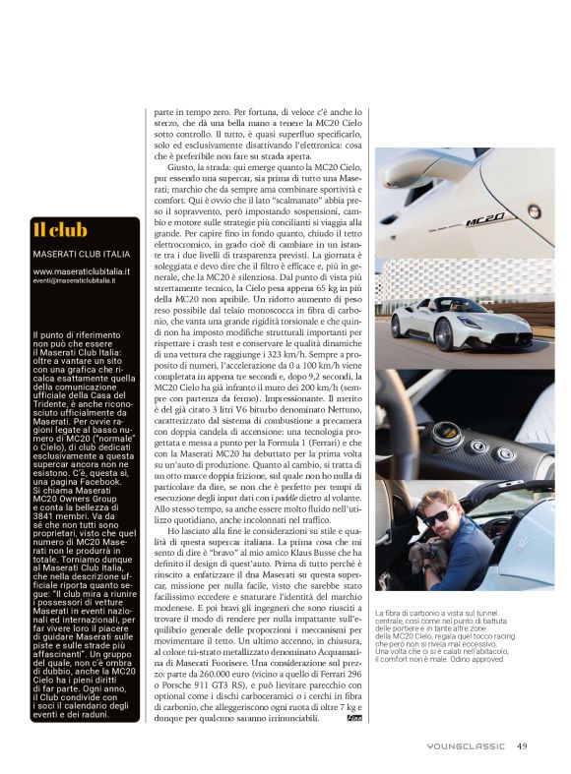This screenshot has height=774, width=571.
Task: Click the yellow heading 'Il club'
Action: coord(61,230)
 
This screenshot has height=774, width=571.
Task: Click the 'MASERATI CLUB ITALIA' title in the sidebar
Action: coord(78,256)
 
